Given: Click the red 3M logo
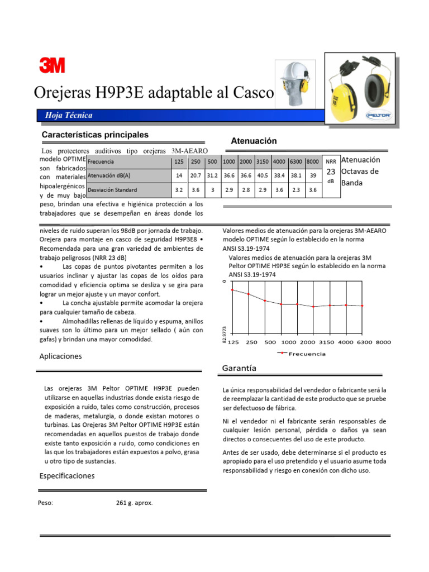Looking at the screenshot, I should (52, 66).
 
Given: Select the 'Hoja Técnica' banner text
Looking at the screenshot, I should (65, 115).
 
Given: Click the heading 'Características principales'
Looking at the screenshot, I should (95, 135).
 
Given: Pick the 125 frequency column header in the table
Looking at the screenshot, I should (179, 161).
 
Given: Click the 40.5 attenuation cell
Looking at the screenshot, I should (263, 175).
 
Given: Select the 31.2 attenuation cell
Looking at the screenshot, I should (212, 175).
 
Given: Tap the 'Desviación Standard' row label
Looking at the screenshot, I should (112, 190).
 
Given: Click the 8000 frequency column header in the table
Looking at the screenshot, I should (313, 161).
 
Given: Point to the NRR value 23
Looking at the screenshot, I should (331, 172).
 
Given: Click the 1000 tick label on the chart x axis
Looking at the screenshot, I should (288, 342).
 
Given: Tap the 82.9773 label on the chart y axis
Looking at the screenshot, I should (225, 336).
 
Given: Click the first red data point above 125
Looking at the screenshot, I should (232, 290).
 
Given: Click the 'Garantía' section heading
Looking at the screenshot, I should (239, 368).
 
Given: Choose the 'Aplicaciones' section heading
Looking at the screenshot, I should (60, 356).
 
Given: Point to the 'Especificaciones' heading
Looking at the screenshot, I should (67, 476).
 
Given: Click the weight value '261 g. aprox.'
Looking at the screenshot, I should (134, 503).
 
